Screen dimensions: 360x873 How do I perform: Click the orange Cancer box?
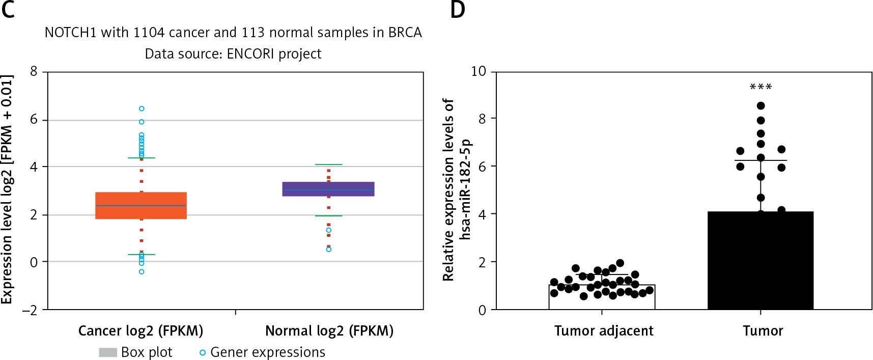(x=141, y=206)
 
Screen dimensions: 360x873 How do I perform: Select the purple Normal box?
(x=328, y=189)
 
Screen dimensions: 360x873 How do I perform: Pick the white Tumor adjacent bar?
(x=602, y=297)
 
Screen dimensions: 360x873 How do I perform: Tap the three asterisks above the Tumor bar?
(x=761, y=87)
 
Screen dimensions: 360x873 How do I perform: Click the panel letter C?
(x=8, y=10)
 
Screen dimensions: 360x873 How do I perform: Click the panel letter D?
(x=458, y=10)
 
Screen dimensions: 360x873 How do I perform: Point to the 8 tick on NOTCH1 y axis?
(x=34, y=72)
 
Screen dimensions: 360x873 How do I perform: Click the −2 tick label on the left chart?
(x=30, y=310)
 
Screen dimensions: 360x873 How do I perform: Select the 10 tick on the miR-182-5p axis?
(x=478, y=71)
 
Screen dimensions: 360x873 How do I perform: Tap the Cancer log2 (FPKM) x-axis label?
(x=140, y=331)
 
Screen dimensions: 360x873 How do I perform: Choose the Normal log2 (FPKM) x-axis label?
(x=329, y=331)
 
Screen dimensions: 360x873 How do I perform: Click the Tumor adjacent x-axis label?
(x=604, y=331)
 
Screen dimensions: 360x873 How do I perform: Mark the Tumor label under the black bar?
(x=763, y=331)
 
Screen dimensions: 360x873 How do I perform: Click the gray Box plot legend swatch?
(x=108, y=352)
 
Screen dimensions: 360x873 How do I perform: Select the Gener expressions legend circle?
(x=203, y=352)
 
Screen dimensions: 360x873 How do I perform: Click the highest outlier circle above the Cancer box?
(x=142, y=108)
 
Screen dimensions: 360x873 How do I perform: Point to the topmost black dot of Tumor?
(x=761, y=106)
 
